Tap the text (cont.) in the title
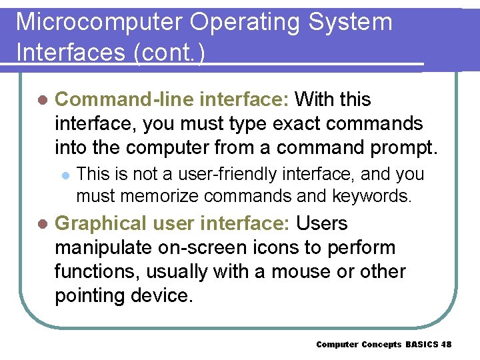pyautogui.click(x=169, y=53)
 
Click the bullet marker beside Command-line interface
pyautogui.click(x=42, y=100)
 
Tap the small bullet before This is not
pyautogui.click(x=65, y=175)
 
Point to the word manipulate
pyautogui.click(x=103, y=247)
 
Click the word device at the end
pyautogui.click(x=167, y=295)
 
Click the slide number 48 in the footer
pyautogui.click(x=446, y=344)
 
